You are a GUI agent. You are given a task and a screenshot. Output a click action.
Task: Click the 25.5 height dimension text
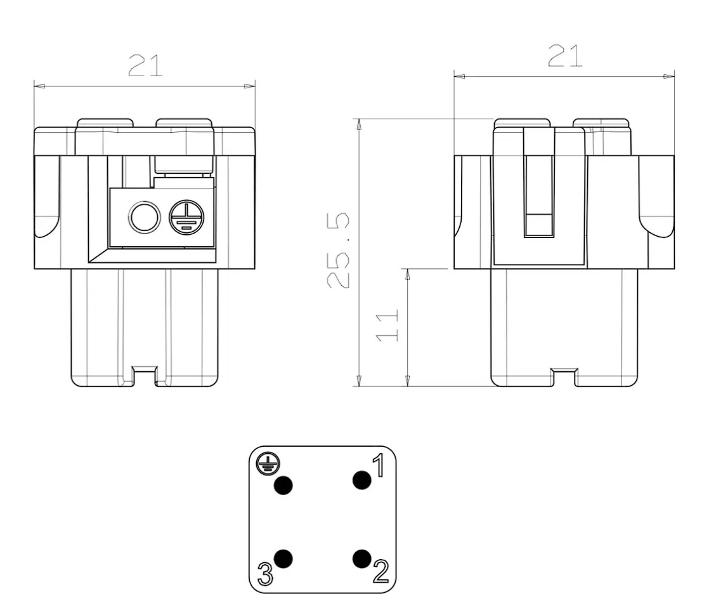coord(338,250)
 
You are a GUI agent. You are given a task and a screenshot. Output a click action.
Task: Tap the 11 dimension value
coord(387,326)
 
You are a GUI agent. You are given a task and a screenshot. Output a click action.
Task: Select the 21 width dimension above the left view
coord(145,65)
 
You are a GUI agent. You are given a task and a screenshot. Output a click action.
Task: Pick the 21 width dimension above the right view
coord(565,56)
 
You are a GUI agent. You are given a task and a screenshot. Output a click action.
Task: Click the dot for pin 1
coord(361,480)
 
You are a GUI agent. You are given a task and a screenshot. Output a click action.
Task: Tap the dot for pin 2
coord(361,559)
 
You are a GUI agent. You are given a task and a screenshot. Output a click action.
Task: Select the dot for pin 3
coord(283,559)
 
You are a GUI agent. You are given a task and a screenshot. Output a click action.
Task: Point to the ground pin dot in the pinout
coord(283,486)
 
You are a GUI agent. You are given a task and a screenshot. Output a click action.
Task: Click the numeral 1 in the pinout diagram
coord(379,465)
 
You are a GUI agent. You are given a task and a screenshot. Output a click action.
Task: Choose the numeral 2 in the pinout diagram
coord(381,572)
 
